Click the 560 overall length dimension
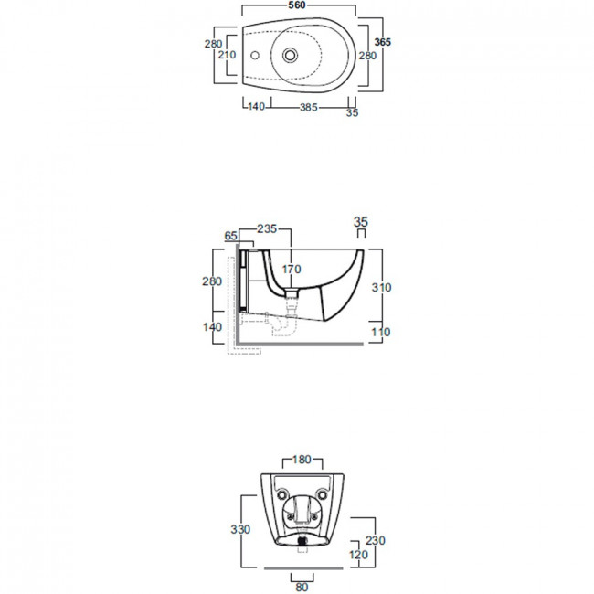point(297,5)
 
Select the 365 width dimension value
point(382,42)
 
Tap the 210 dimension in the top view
point(227,55)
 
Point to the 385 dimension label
point(308,108)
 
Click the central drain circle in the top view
point(290,56)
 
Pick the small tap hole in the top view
point(255,56)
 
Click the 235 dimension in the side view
point(267,228)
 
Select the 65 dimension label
point(230,236)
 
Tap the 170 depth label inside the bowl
point(292,270)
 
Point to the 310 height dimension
point(381,288)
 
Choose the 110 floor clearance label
point(380,333)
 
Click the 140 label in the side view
point(212,326)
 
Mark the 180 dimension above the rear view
point(302,460)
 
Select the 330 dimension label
point(240,529)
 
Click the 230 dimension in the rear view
point(376,540)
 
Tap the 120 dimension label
point(358,555)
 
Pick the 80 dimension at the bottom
point(302,588)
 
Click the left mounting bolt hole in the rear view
point(282,494)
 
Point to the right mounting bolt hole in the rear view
point(323,494)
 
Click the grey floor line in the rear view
point(303,568)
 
